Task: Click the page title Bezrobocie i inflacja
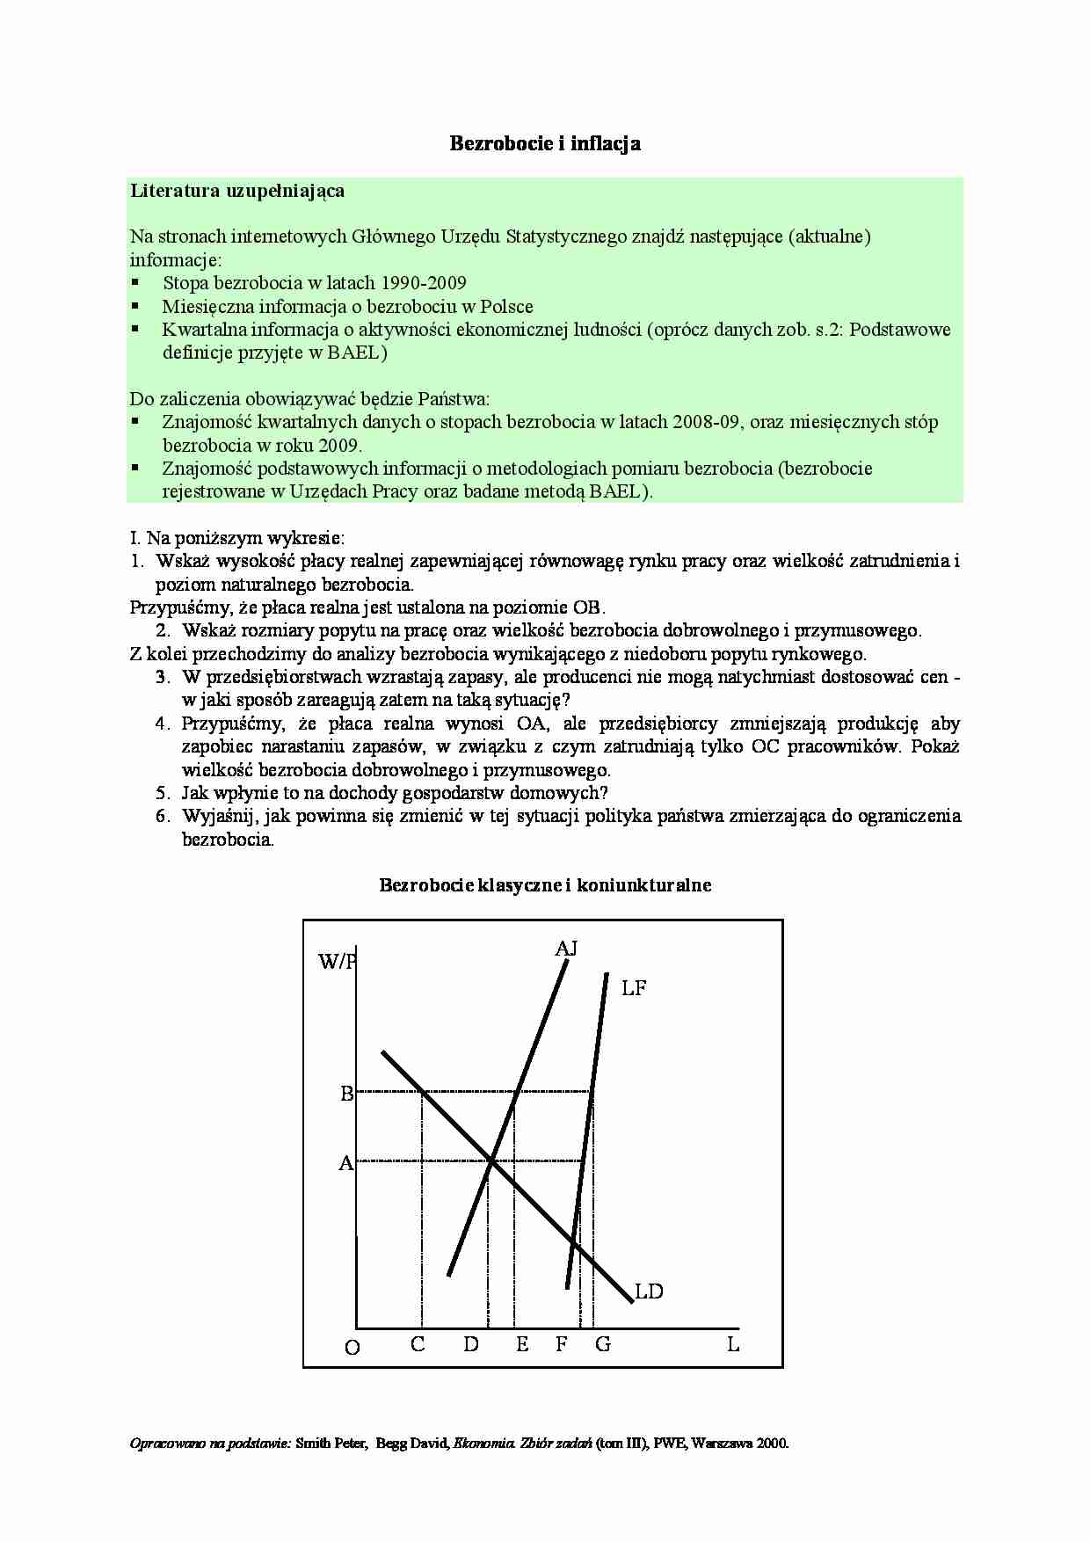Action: [545, 143]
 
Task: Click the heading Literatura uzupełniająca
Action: [237, 191]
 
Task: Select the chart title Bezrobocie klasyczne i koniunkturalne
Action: [545, 885]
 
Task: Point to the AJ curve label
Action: [566, 949]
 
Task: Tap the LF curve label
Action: [633, 988]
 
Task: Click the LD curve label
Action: [649, 1291]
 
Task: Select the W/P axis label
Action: [338, 962]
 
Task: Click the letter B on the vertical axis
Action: [346, 1094]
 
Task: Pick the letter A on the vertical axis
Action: [346, 1163]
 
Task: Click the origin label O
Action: [352, 1348]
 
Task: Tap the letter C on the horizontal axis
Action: [418, 1344]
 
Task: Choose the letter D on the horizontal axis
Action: [471, 1344]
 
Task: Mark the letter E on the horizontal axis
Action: [522, 1344]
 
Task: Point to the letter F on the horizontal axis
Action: [562, 1344]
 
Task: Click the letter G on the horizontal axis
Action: [603, 1344]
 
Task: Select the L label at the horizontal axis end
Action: [733, 1344]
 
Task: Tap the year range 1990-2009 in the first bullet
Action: [424, 283]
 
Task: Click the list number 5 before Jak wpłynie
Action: [162, 792]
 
